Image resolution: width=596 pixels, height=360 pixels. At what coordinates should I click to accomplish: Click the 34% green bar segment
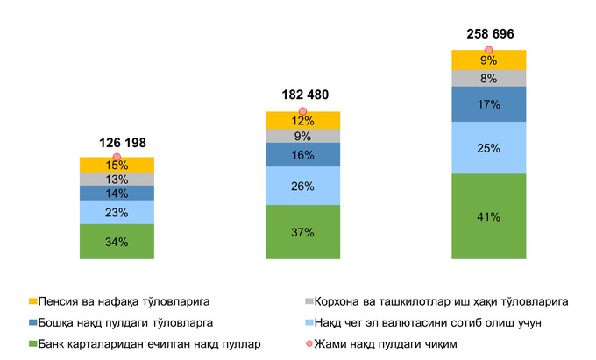pos(117,242)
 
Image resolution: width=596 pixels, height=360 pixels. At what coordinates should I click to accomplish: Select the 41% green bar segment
pos(488,216)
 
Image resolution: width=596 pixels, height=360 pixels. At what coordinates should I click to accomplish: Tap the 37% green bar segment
pos(302,232)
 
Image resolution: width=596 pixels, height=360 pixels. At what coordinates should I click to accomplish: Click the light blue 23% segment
pos(117,213)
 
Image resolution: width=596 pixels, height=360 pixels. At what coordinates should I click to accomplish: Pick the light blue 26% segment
pos(302,186)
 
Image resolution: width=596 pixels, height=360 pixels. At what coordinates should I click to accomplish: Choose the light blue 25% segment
pos(488,147)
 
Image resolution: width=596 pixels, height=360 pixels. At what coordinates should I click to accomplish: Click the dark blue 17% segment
pos(488,104)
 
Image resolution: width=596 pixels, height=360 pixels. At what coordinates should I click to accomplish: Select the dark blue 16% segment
pos(302,154)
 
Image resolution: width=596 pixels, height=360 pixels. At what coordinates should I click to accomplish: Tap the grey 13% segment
pos(117,180)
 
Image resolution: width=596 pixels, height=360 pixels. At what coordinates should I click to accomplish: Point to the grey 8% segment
pos(488,78)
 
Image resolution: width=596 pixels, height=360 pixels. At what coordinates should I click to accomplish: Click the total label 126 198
pos(117,142)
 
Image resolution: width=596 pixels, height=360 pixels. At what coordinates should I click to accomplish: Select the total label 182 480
pos(302,95)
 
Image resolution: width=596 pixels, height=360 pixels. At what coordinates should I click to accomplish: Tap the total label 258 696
pos(488,35)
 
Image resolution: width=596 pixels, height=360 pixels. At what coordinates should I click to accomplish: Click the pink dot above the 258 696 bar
pos(488,51)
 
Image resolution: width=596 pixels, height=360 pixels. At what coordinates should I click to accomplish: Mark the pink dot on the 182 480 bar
pos(302,111)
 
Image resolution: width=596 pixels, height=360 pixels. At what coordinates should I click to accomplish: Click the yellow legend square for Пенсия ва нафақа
pos(33,301)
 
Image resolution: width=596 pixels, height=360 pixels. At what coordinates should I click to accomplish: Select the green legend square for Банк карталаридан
pos(33,343)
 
